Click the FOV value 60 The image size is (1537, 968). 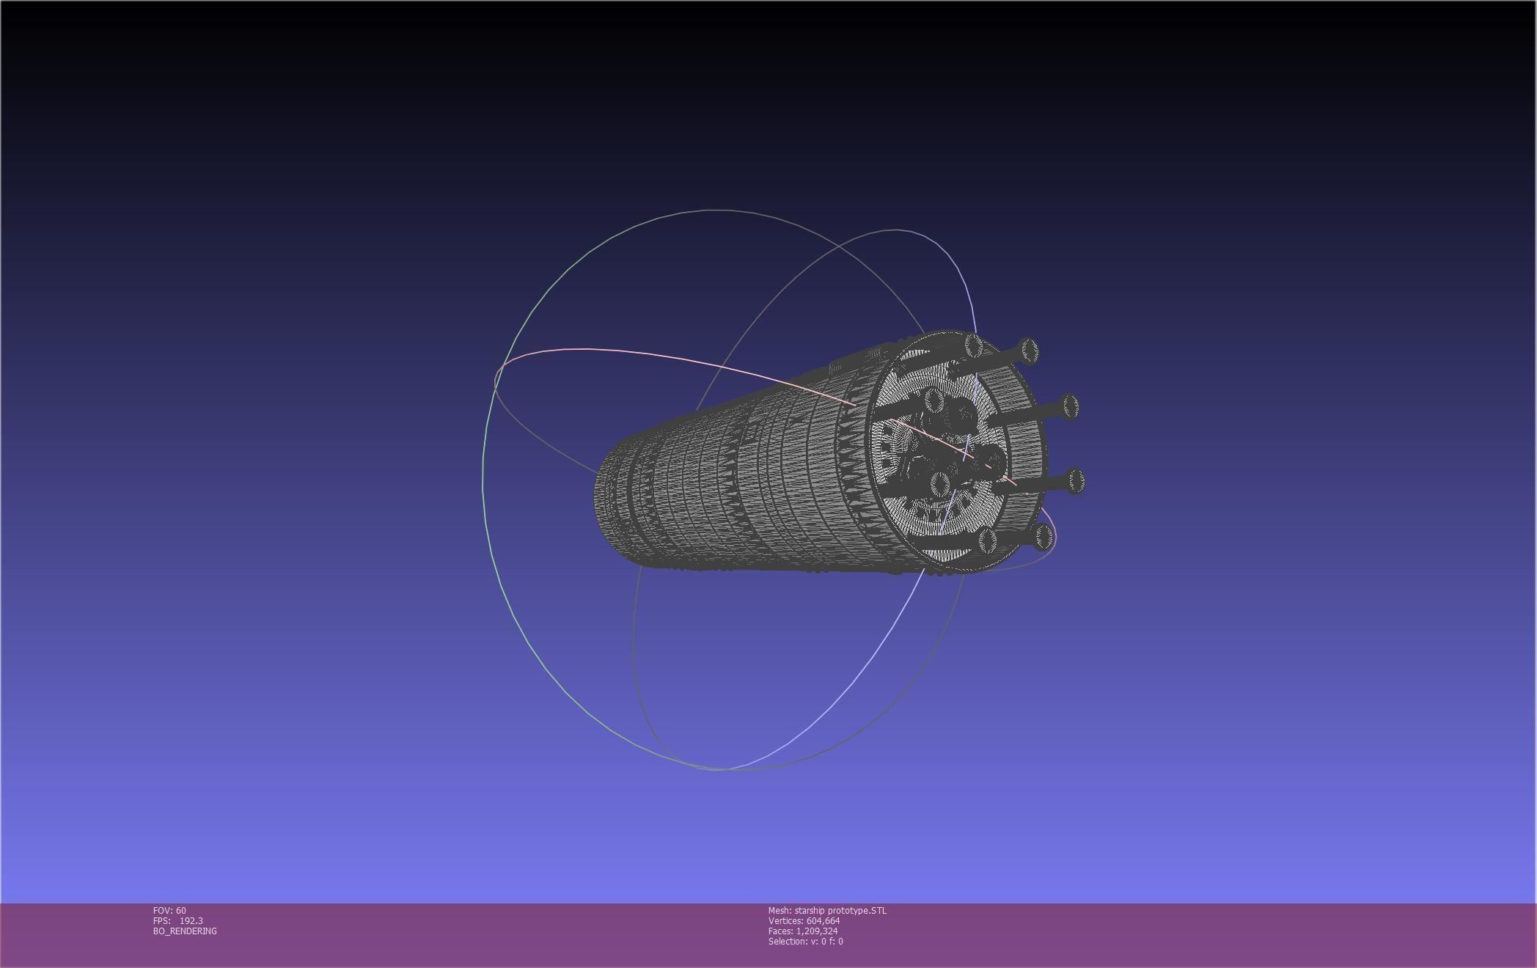[181, 910]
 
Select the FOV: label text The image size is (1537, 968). [163, 910]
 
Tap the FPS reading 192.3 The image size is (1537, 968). [191, 920]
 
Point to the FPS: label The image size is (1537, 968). [162, 920]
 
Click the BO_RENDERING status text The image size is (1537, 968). [185, 931]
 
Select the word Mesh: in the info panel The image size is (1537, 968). [779, 910]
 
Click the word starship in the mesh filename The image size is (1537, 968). [810, 910]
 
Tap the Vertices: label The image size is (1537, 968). [785, 920]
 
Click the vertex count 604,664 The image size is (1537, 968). [823, 920]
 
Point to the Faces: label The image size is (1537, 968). [780, 931]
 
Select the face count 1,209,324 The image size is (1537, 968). [816, 931]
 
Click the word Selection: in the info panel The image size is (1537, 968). [788, 941]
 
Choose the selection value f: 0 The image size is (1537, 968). [836, 941]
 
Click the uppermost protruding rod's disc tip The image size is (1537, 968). [1028, 351]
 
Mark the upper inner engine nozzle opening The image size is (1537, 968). [933, 400]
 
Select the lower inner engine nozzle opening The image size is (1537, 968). [940, 483]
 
